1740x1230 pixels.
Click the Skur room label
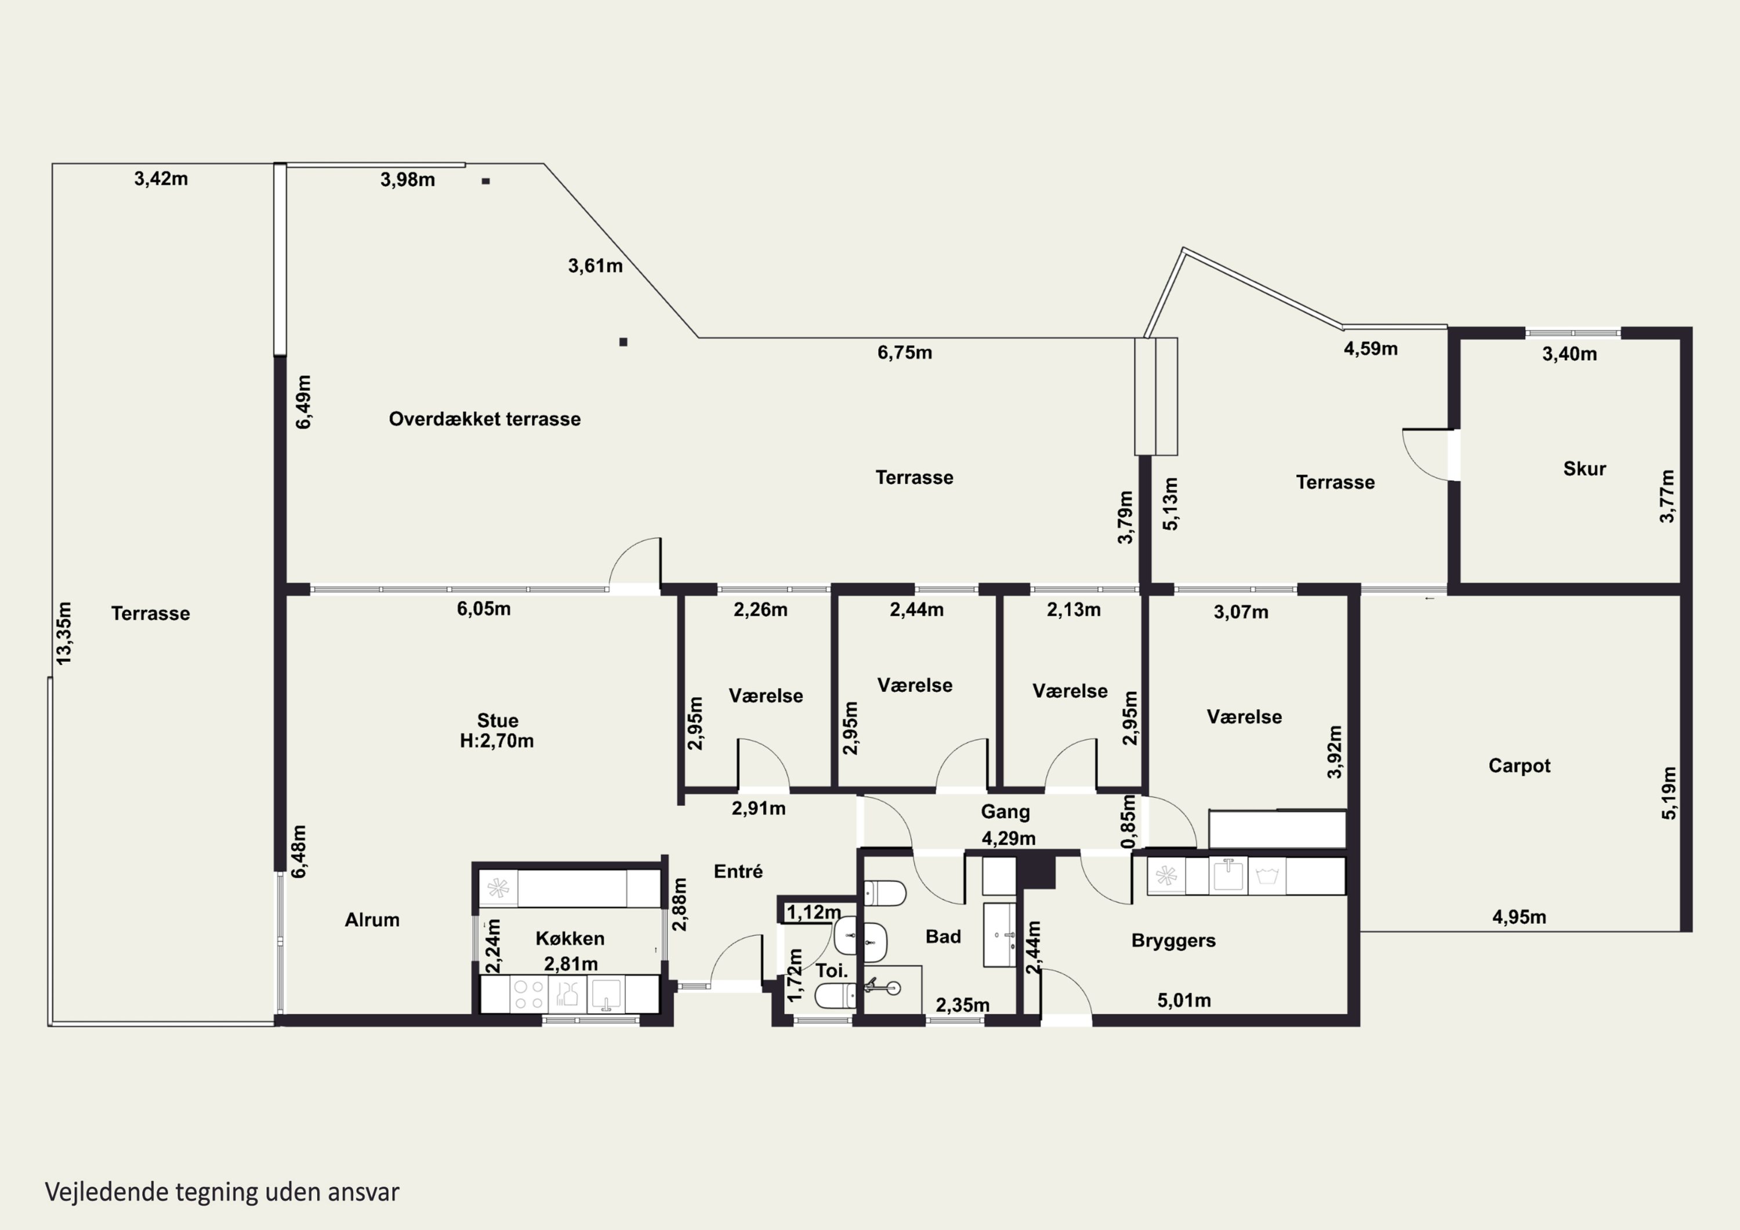click(x=1584, y=469)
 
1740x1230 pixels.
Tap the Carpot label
click(x=1518, y=766)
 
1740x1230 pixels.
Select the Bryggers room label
click(x=1173, y=941)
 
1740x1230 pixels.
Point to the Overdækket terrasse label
click(x=484, y=419)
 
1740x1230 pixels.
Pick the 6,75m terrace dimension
click(x=905, y=353)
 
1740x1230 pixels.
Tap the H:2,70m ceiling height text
click(x=496, y=741)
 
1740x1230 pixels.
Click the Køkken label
click(x=570, y=938)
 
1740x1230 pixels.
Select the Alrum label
click(x=372, y=920)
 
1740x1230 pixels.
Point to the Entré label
click(x=738, y=872)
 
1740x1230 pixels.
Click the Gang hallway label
click(x=1005, y=812)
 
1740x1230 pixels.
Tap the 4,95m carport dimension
click(x=1518, y=917)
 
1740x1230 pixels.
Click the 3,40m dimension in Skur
click(x=1569, y=354)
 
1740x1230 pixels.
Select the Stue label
click(x=497, y=721)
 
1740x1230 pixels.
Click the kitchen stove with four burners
click(x=529, y=995)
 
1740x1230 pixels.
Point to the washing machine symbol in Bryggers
click(x=1267, y=877)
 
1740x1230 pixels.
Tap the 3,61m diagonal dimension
click(x=595, y=266)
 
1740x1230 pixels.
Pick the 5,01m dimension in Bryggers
click(x=1184, y=1001)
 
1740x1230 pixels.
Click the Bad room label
click(x=942, y=937)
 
